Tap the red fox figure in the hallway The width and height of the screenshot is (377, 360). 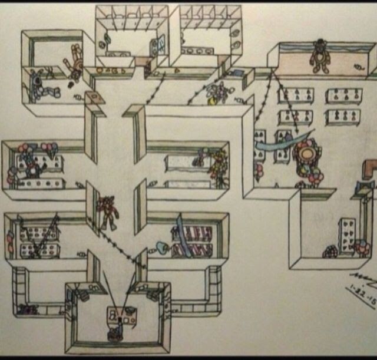point(108,212)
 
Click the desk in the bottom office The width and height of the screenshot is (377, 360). point(121,316)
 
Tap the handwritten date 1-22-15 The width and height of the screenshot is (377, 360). point(362,293)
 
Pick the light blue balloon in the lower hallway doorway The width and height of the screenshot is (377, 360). point(160,247)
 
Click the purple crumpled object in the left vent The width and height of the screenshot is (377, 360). point(26,308)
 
